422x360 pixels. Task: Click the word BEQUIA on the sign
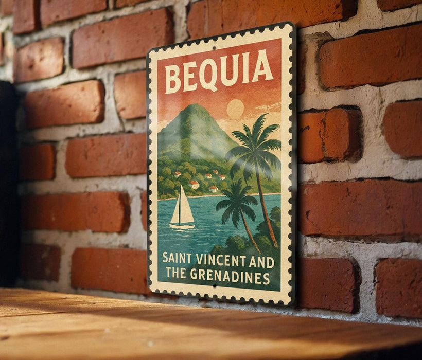219,72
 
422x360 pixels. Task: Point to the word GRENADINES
230,276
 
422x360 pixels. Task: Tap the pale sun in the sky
235,109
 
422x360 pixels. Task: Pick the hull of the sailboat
183,225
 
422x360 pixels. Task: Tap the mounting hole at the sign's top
214,47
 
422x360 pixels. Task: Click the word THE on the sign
175,273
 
